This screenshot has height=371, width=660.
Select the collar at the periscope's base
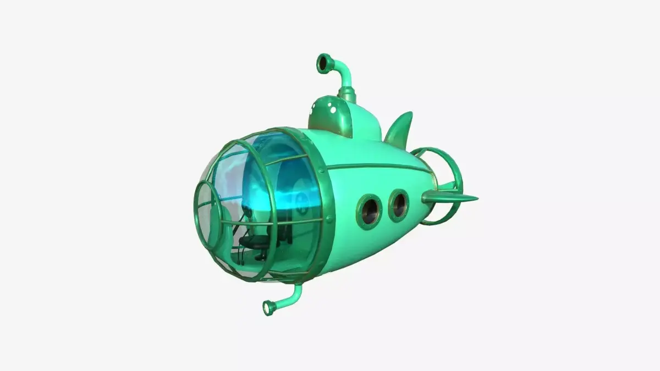[x=346, y=96]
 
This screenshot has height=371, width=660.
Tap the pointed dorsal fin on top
[x=400, y=129]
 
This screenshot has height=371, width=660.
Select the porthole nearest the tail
[x=398, y=205]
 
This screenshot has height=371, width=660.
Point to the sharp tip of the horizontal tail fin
[x=476, y=198]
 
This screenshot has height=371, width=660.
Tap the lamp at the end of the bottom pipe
[x=269, y=308]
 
